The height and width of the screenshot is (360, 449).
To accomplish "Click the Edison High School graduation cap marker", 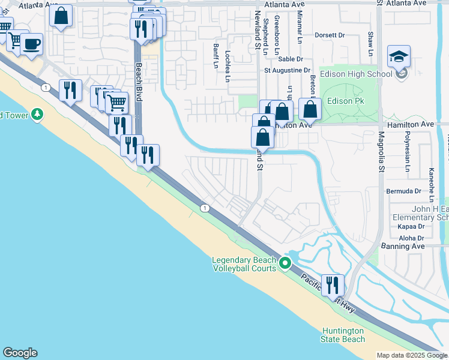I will point(399,57).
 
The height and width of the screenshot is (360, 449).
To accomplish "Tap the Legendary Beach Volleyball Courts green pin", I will point(286,263).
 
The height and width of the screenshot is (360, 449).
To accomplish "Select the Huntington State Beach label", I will point(343,335).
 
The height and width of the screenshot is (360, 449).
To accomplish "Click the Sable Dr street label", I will point(291,59).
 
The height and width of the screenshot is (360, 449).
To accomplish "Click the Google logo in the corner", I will point(20,353).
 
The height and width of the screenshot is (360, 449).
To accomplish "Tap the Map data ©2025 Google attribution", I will point(412,355).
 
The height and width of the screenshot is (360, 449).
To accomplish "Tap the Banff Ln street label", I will point(215,56).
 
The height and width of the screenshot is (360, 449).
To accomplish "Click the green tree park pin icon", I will point(37,113).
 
